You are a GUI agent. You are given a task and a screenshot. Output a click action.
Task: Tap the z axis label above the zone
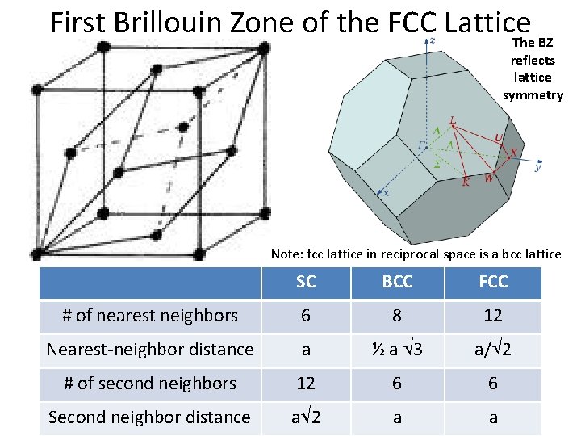coord(433,40)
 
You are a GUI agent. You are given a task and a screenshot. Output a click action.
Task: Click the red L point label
coord(453,120)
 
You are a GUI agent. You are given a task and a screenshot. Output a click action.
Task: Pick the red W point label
coord(488,179)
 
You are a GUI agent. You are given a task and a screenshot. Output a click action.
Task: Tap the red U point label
coord(498,138)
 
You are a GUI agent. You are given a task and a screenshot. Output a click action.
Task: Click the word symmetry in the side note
coord(533,95)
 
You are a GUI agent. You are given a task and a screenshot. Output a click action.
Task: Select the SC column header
coord(306,282)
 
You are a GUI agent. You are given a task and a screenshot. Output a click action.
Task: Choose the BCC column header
coord(397,282)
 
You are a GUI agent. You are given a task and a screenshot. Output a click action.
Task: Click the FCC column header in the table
coord(493,282)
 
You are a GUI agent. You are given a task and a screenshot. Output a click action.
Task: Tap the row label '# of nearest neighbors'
coord(150,316)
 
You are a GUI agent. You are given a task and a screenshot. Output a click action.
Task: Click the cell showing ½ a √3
coord(397,350)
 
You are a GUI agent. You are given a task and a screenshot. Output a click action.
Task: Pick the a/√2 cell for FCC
coord(493,350)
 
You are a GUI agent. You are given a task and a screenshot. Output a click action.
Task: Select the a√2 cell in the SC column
coord(306,417)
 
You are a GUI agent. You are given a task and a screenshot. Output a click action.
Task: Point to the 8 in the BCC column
coord(397,316)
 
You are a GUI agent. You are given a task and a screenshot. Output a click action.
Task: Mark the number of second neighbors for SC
coord(306,384)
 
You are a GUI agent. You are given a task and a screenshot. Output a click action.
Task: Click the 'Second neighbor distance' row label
coord(150,417)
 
